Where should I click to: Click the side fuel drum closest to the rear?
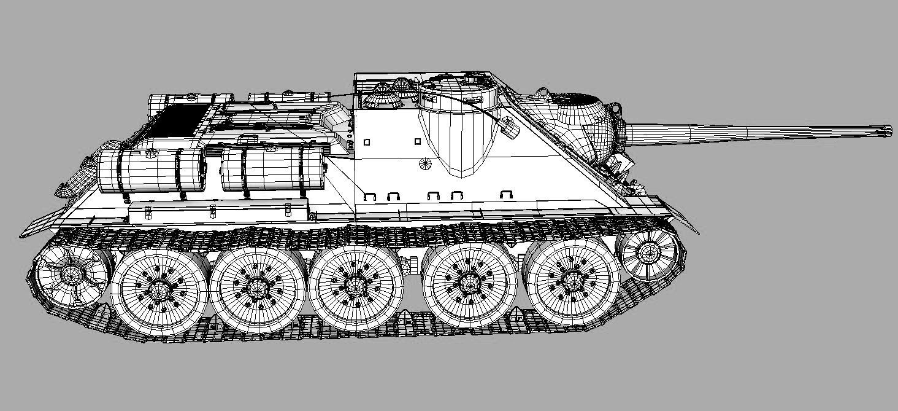point(150,170)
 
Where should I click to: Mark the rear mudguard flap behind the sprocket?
point(43,224)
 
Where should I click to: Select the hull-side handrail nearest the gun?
point(506,195)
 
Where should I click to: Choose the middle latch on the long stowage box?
point(212,211)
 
